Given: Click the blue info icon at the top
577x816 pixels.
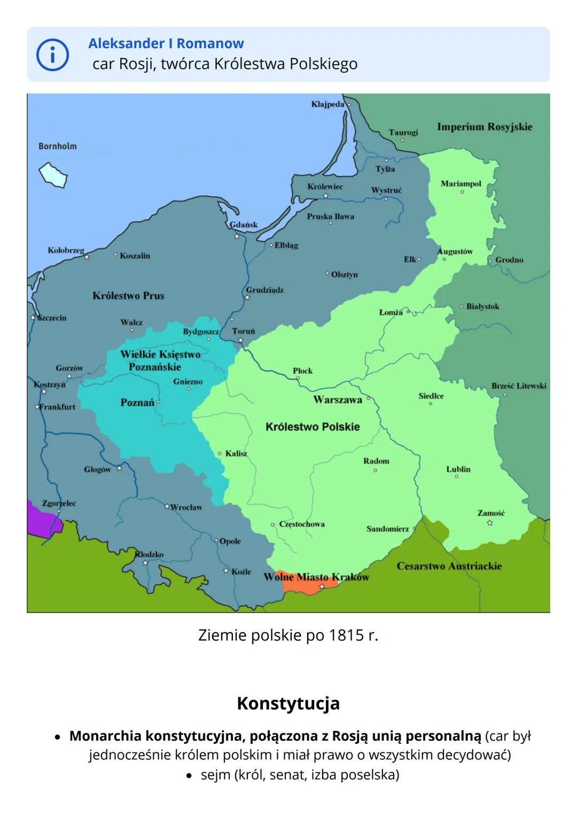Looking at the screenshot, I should tap(52, 55).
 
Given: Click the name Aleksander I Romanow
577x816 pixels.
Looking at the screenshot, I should tap(166, 43).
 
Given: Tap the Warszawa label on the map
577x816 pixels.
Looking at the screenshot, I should tap(337, 399).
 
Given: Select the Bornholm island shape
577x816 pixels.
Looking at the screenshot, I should tap(53, 175).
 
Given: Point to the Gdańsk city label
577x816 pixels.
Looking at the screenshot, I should tap(244, 225).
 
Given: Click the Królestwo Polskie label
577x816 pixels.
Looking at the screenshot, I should tap(313, 427).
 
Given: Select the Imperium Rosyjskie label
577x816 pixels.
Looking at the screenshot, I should tap(485, 127).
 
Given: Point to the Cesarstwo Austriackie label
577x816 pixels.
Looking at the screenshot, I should tap(449, 566).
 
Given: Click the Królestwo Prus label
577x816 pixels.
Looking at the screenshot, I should tap(128, 296).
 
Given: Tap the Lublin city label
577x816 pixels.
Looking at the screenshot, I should tap(458, 469).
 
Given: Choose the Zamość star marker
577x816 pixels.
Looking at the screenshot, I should tap(490, 523).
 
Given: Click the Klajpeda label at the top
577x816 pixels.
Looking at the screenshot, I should tap(328, 104).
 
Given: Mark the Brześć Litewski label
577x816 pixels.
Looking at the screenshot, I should tap(519, 386).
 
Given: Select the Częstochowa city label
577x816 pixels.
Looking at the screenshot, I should tap(301, 524).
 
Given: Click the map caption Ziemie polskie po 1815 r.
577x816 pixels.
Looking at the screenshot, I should tap(288, 635).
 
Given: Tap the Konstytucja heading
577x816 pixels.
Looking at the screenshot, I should tap(288, 703).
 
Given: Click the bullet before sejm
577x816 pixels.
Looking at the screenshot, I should tap(189, 775).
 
